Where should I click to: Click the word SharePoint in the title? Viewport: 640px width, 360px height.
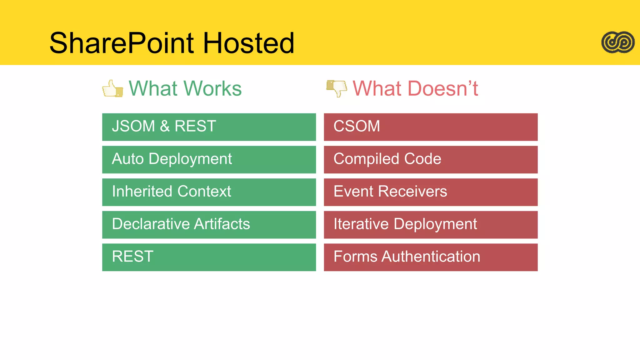[x=122, y=43]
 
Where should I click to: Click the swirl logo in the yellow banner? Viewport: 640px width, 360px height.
[x=618, y=42]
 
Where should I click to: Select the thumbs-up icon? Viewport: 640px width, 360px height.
[x=112, y=89]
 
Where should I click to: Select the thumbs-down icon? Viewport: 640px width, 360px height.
[x=337, y=88]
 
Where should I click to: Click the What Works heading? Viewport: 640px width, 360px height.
[x=185, y=88]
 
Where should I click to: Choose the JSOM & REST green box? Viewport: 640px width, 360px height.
[x=209, y=127]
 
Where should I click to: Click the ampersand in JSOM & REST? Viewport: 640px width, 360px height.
[x=165, y=126]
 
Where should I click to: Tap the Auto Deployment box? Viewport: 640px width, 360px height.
[x=209, y=159]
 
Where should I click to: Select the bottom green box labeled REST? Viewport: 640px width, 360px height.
[x=209, y=257]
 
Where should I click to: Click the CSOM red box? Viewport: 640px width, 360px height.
[x=431, y=127]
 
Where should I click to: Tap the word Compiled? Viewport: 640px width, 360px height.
[x=366, y=159]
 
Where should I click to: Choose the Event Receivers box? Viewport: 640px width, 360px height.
[x=431, y=192]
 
